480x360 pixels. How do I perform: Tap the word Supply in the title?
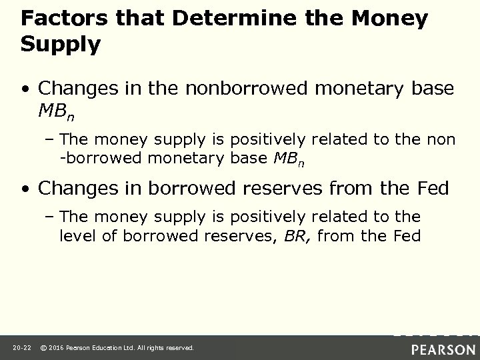[x=61, y=45]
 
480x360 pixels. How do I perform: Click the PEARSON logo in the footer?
[x=443, y=348]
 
